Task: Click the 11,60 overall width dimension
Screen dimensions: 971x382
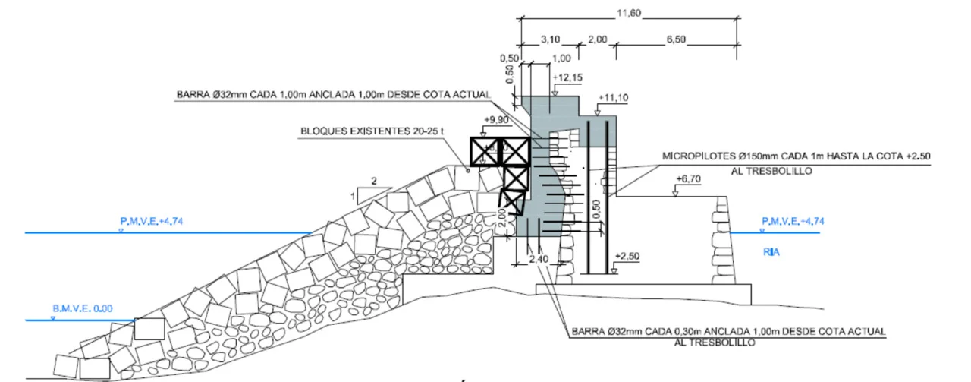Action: coord(629,14)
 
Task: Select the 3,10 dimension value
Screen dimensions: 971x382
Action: coord(550,40)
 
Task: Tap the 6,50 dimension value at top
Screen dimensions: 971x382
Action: coord(676,40)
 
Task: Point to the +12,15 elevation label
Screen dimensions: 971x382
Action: coord(568,77)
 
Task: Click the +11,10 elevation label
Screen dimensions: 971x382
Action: coord(613,98)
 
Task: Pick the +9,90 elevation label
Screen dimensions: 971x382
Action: coord(496,119)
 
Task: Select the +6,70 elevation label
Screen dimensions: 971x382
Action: coord(688,178)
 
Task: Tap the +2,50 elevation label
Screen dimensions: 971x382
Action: coord(627,256)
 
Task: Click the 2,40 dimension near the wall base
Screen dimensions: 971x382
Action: coord(539,259)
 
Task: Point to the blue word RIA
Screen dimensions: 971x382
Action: coord(771,252)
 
